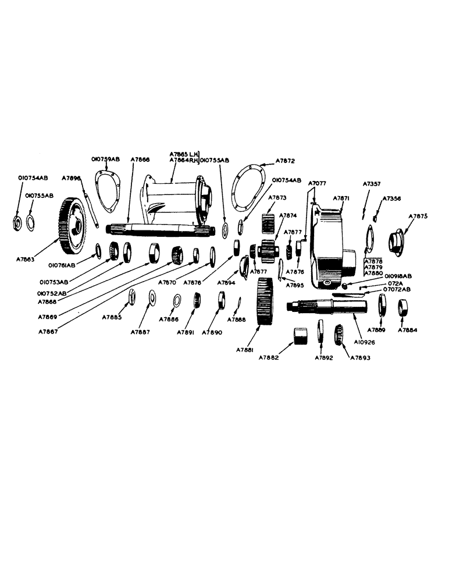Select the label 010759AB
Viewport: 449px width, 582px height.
[x=105, y=158]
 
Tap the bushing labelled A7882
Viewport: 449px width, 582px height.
[x=301, y=336]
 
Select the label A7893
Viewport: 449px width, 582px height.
[x=360, y=357]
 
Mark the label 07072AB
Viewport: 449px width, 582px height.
[x=396, y=289]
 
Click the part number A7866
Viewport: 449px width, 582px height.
[x=140, y=158]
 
